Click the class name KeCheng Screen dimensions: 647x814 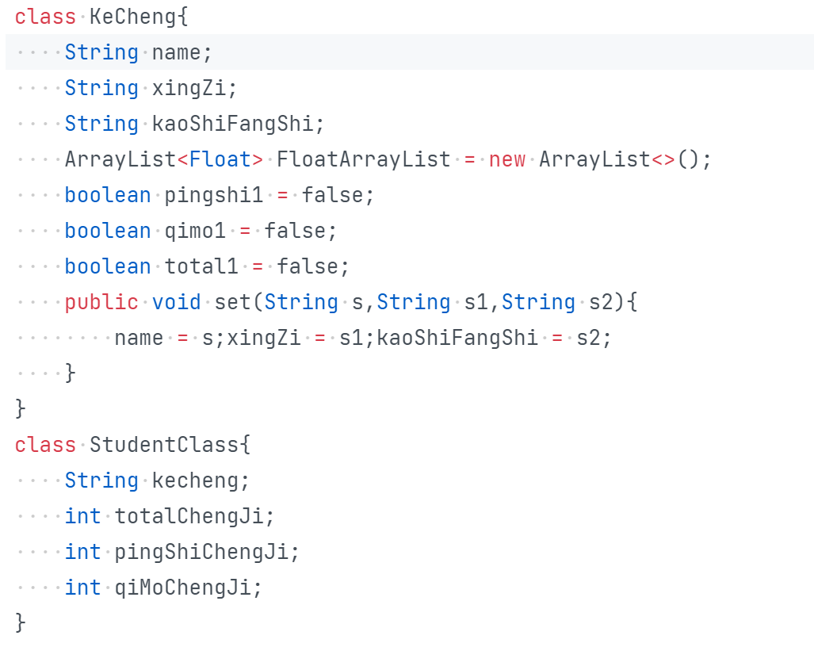coord(132,16)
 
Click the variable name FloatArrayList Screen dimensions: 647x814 coord(363,159)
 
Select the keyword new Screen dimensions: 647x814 coord(506,159)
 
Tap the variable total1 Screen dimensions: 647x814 coord(201,266)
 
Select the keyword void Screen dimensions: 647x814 coord(176,302)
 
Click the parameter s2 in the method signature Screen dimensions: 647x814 coord(600,302)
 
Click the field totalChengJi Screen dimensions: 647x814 coord(189,516)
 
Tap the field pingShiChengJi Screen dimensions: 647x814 coord(201,552)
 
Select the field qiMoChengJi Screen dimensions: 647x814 coord(182,588)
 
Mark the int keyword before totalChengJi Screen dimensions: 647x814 coord(83,516)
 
